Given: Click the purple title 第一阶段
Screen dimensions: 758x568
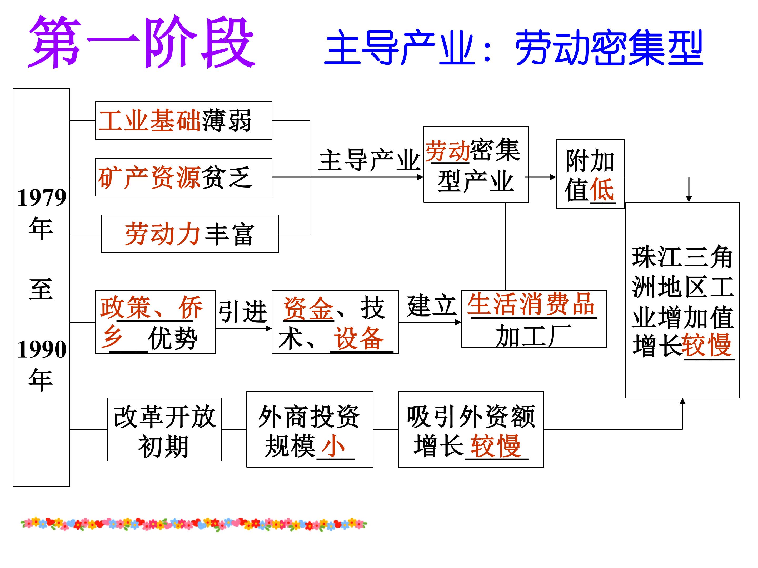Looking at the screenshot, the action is pyautogui.click(x=142, y=42).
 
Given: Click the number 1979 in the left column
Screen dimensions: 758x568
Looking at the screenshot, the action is pyautogui.click(x=42, y=198).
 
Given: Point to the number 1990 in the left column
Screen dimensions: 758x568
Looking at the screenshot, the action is pyautogui.click(x=42, y=349).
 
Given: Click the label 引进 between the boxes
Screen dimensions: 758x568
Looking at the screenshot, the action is pyautogui.click(x=243, y=312).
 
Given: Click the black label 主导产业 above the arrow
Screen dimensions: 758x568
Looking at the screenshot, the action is pyautogui.click(x=369, y=160).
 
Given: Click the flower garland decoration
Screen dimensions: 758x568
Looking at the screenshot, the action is pyautogui.click(x=194, y=524).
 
